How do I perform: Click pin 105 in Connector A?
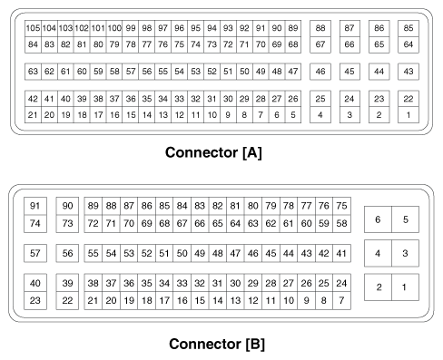33,28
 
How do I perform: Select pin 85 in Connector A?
409,28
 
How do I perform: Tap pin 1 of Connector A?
409,115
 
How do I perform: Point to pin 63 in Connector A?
33,71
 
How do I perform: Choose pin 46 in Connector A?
320,71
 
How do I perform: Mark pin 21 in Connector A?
33,115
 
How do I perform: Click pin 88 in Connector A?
320,28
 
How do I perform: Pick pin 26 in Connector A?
293,99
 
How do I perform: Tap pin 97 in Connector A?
162,28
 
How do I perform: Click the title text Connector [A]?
213,153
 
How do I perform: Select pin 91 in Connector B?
36,206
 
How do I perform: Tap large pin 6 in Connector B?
379,219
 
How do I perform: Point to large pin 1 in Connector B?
405,288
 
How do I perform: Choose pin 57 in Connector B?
36,253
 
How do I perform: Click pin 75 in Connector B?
341,206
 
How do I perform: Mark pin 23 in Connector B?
36,299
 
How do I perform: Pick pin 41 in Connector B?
341,253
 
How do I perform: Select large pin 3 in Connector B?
405,254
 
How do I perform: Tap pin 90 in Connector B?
67,206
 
